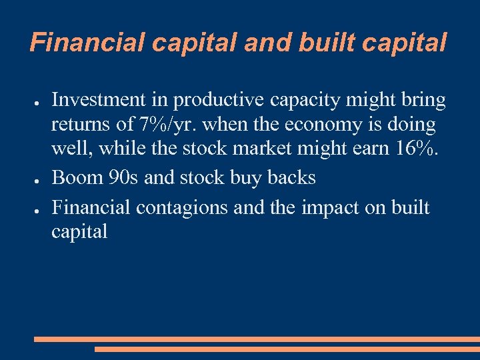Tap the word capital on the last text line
click(79, 233)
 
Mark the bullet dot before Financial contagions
click(38, 207)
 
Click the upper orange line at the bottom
click(257, 339)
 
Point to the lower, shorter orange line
click(287, 349)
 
